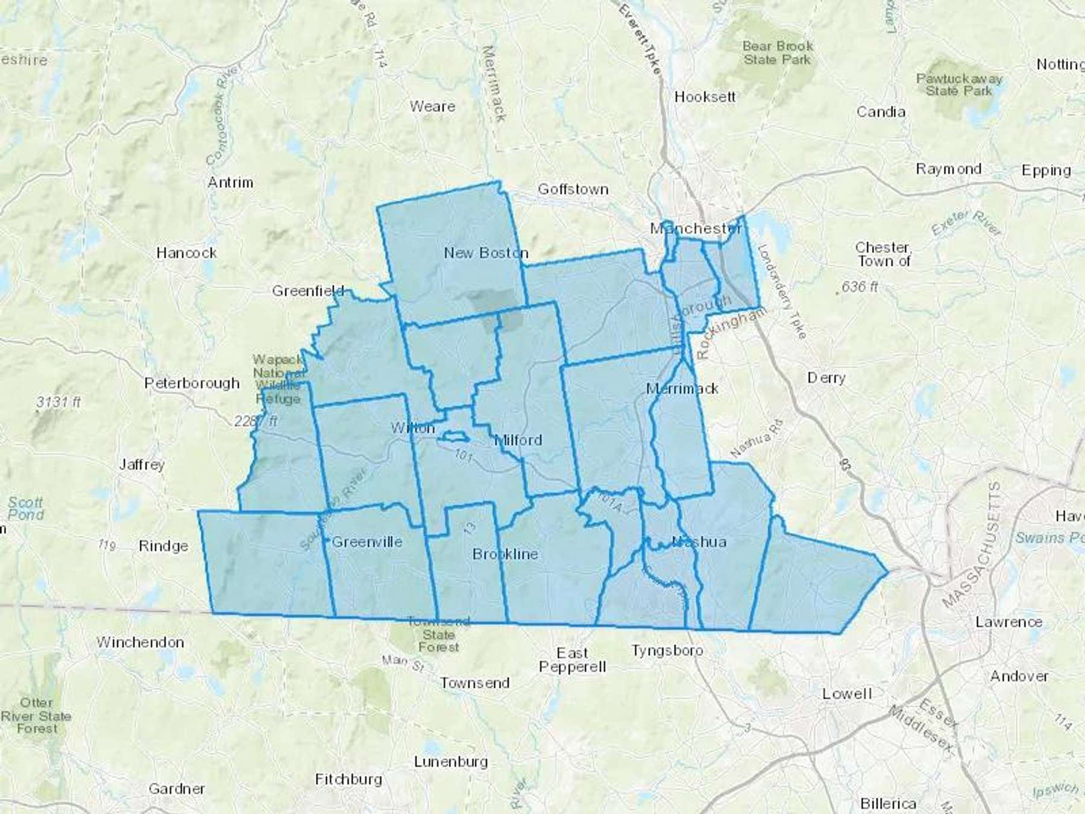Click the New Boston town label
pyautogui.click(x=486, y=253)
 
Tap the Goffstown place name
pyautogui.click(x=573, y=189)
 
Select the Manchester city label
pyautogui.click(x=696, y=229)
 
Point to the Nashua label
pyautogui.click(x=699, y=541)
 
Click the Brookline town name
pyautogui.click(x=505, y=554)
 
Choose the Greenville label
pyautogui.click(x=366, y=541)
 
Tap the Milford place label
pyautogui.click(x=518, y=440)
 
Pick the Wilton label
pyautogui.click(x=412, y=428)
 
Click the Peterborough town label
pyautogui.click(x=192, y=383)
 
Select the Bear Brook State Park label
pyautogui.click(x=778, y=52)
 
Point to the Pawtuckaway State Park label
pyautogui.click(x=958, y=84)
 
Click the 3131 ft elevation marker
pyautogui.click(x=58, y=402)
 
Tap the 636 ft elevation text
pyautogui.click(x=860, y=286)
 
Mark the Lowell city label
pyautogui.click(x=847, y=693)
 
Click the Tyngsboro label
pyautogui.click(x=667, y=651)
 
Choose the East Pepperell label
pyautogui.click(x=573, y=660)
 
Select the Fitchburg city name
pyautogui.click(x=348, y=780)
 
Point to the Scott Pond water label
pyautogui.click(x=26, y=508)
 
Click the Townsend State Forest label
pyautogui.click(x=438, y=634)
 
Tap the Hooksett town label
pyautogui.click(x=705, y=96)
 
